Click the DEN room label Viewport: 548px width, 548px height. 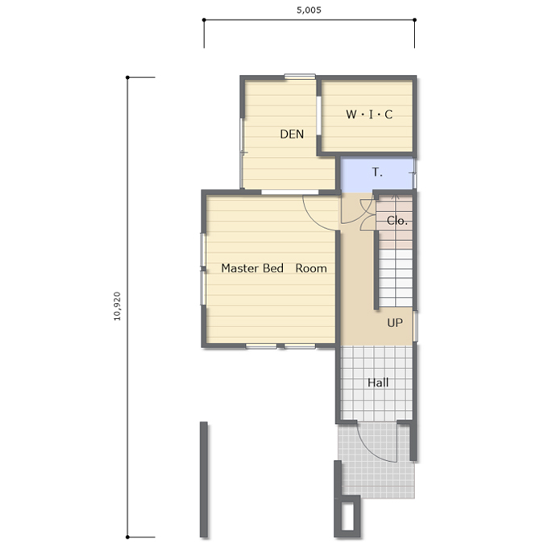pyautogui.click(x=292, y=134)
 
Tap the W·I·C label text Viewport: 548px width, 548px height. pyautogui.click(x=369, y=114)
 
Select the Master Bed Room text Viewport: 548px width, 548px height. pyautogui.click(x=274, y=268)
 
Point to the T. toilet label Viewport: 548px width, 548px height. pyautogui.click(x=377, y=172)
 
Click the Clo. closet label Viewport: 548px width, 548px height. pyautogui.click(x=397, y=221)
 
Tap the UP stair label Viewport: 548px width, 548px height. pyautogui.click(x=395, y=322)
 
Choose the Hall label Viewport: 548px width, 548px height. pyautogui.click(x=378, y=383)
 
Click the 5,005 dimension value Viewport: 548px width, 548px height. pyautogui.click(x=309, y=10)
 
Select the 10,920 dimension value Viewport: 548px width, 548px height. pyautogui.click(x=117, y=306)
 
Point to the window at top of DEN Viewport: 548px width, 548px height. pyautogui.click(x=300, y=77)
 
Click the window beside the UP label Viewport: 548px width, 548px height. pyautogui.click(x=415, y=326)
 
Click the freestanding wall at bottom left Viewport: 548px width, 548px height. pyautogui.click(x=204, y=479)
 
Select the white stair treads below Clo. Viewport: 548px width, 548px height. pyautogui.click(x=395, y=278)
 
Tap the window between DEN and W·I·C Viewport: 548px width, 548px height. pyautogui.click(x=319, y=115)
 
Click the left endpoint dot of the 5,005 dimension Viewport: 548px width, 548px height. pyautogui.click(x=204, y=20)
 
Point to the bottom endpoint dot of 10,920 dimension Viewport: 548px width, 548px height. pyautogui.click(x=127, y=537)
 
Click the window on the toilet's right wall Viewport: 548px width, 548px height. pyautogui.click(x=415, y=173)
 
